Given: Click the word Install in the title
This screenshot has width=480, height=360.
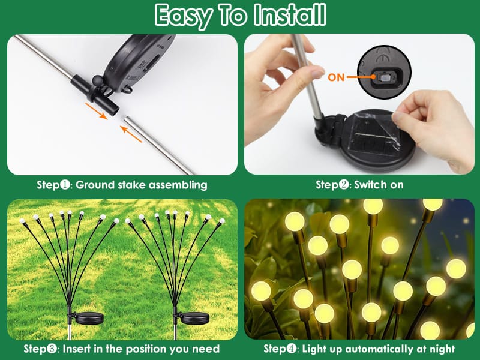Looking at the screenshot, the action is click(290, 14).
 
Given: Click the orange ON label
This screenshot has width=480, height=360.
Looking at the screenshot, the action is click(336, 77).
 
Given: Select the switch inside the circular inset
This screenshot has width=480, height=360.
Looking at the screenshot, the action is click(384, 77).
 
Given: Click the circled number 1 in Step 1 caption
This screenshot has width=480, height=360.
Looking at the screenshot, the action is click(65, 185).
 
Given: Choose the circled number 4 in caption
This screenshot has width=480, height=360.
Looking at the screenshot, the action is click(292, 349).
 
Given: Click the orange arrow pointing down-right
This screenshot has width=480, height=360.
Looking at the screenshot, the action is click(96, 111).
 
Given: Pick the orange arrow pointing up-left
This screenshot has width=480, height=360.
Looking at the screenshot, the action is click(131, 134).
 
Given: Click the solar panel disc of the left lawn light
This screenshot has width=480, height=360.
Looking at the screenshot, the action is click(89, 319).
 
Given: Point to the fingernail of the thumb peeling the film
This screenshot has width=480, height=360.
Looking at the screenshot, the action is click(398, 116).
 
